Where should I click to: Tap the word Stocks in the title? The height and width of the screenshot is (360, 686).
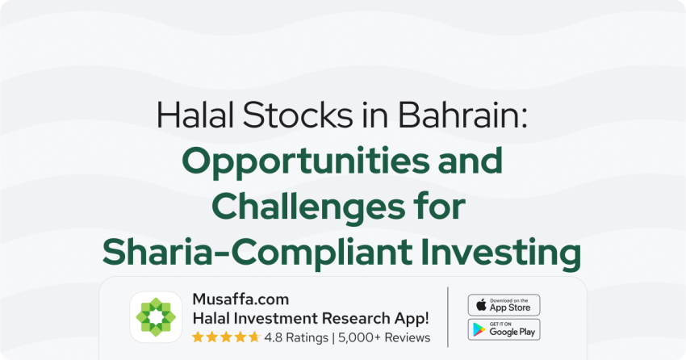pos(298,115)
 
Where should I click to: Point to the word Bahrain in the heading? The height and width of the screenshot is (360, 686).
pos(462,115)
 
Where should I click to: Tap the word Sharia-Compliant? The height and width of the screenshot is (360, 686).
pos(257,253)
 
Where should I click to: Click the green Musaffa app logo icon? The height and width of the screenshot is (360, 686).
pos(156,317)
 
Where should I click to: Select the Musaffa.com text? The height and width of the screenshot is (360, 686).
pos(241,299)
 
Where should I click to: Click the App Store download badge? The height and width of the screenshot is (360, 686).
pos(504,305)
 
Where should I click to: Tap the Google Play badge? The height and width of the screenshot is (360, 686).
pos(504,329)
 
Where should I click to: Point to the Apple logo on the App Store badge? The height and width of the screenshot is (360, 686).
pos(481,304)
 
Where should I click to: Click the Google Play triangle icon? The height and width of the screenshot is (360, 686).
pos(479,329)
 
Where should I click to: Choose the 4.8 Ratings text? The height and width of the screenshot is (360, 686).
pos(296,337)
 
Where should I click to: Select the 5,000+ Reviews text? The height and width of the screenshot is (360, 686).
pos(384,337)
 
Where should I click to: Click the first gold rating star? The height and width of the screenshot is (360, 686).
pos(198,337)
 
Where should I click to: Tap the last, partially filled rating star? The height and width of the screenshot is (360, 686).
pos(254,337)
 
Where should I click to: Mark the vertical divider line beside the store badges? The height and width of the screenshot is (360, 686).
pos(448,317)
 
